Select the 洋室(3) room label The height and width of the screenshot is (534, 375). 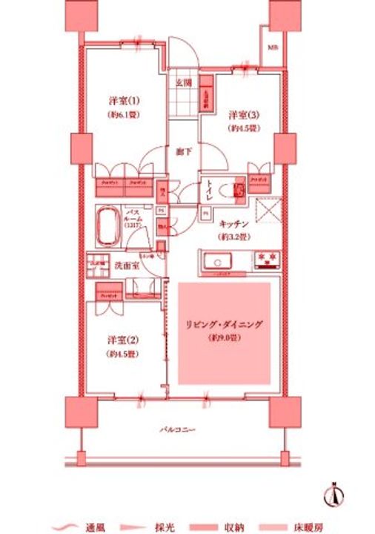pyautogui.click(x=242, y=115)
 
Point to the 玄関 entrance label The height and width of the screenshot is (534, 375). pyautogui.click(x=184, y=82)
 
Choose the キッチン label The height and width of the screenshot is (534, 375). pyautogui.click(x=233, y=225)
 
